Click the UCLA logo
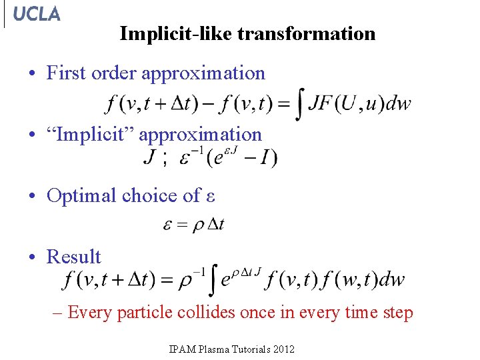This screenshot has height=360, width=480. pyautogui.click(x=36, y=14)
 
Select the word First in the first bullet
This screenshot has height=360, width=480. pyautogui.click(x=66, y=73)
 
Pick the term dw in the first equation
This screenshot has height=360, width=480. pyautogui.click(x=399, y=104)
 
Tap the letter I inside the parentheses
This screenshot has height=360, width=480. pyautogui.click(x=265, y=159)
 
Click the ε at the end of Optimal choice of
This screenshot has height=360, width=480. pyautogui.click(x=210, y=196)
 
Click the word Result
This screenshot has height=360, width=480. pyautogui.click(x=73, y=257)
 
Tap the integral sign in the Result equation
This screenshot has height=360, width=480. pyautogui.click(x=213, y=280)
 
